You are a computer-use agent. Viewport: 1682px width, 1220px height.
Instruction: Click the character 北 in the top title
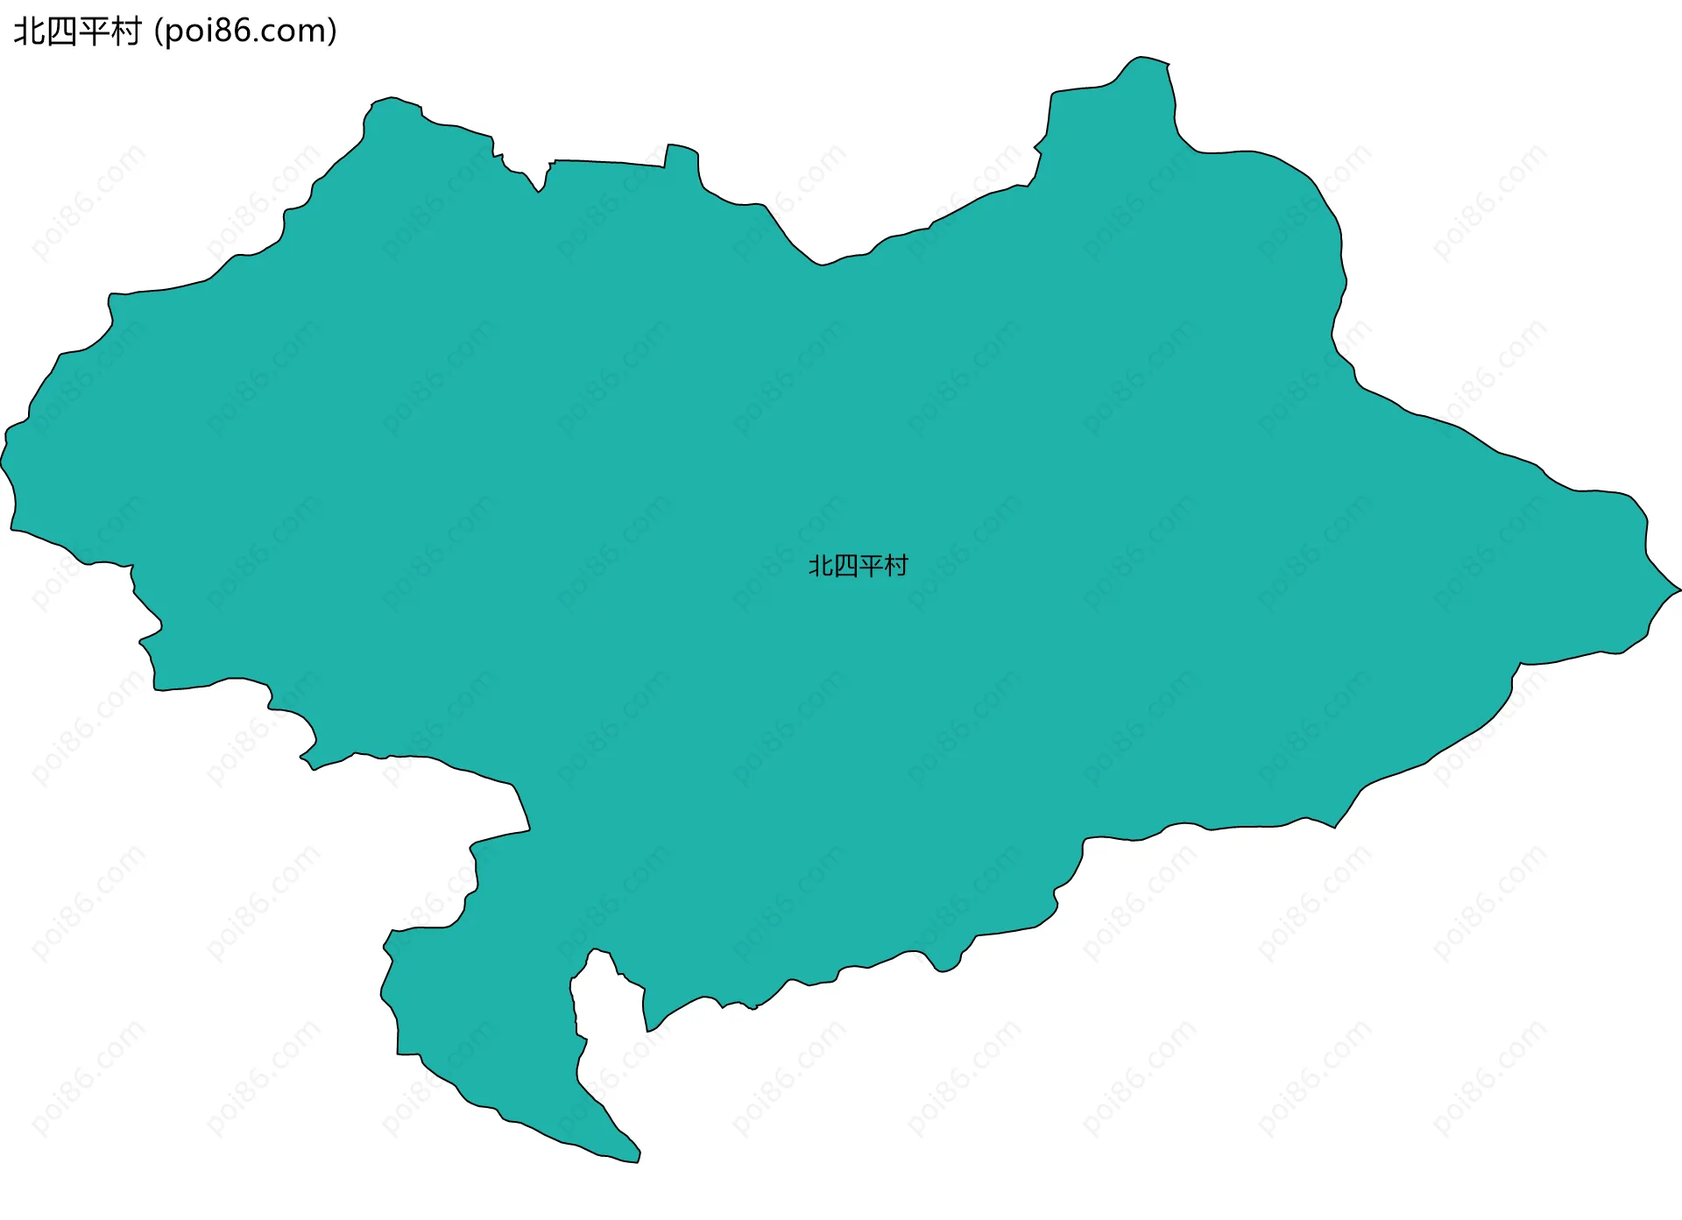point(30,32)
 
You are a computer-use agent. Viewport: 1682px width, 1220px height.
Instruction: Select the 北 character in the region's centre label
point(820,567)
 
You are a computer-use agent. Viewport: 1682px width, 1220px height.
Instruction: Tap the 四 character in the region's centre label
point(845,567)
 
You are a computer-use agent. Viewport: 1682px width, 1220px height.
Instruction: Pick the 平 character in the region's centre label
point(871,567)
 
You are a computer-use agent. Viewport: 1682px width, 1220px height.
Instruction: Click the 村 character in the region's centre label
point(896,567)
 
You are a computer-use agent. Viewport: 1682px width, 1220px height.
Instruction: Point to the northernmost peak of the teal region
point(1139,60)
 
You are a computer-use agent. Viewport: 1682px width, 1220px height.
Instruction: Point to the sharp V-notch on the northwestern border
point(540,190)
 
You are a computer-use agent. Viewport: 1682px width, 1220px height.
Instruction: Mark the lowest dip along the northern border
point(821,264)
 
